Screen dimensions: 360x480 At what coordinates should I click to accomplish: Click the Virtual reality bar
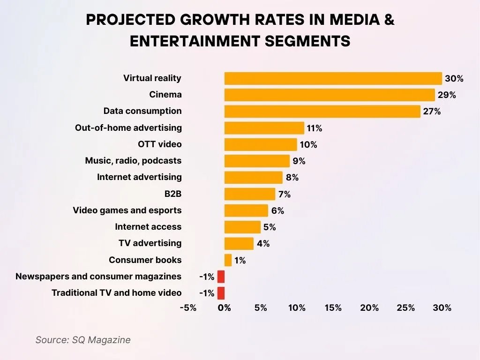(333, 78)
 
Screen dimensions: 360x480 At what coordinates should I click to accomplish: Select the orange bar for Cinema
(330, 95)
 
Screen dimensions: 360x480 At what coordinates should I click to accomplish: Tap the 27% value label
(432, 112)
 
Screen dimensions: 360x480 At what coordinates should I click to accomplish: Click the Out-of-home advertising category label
(128, 127)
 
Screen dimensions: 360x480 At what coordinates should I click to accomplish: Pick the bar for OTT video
(261, 144)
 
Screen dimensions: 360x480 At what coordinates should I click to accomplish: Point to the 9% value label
(299, 161)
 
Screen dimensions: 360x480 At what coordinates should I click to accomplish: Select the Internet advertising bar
(253, 177)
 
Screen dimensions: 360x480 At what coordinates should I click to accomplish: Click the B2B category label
(170, 194)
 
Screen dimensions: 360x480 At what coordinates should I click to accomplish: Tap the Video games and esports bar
(246, 210)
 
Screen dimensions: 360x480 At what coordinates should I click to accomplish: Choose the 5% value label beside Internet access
(270, 227)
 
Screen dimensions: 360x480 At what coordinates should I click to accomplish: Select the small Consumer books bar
(228, 260)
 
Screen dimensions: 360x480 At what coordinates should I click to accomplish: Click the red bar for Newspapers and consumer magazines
(221, 277)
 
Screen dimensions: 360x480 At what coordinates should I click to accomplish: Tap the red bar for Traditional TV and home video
(221, 293)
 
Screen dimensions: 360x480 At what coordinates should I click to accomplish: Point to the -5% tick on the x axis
(187, 308)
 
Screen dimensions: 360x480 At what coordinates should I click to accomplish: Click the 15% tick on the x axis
(333, 308)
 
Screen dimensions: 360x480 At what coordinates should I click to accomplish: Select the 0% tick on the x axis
(225, 308)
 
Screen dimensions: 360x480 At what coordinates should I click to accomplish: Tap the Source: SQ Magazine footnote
(83, 340)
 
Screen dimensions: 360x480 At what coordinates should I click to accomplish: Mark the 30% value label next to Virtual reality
(454, 79)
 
